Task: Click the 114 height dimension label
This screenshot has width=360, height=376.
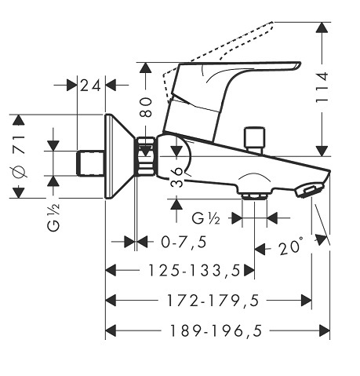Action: coord(322,87)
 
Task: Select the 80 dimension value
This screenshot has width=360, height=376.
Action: coord(146,108)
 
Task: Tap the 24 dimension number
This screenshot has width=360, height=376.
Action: coord(90,86)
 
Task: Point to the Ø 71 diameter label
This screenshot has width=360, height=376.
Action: coord(20,156)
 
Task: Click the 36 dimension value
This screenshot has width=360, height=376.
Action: coord(177,177)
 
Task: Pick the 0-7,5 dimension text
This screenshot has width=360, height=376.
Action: coord(184,242)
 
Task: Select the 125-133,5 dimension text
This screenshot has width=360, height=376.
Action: coord(194,271)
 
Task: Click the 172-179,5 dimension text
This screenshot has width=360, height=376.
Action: coord(213,301)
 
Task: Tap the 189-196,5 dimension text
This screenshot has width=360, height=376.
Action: coord(216,330)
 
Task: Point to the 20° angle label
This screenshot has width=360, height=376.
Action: coord(291,246)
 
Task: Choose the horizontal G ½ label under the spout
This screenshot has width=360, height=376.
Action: coord(205,218)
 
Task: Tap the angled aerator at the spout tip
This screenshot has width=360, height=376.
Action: coord(309,191)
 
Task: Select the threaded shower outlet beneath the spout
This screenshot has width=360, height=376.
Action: coord(254,196)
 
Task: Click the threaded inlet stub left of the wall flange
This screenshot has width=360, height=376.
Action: coord(91,163)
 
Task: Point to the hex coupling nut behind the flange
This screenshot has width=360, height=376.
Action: coord(146,156)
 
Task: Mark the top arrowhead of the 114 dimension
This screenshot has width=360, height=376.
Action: coord(322,27)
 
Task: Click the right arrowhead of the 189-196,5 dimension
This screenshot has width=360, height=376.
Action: coord(325,330)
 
